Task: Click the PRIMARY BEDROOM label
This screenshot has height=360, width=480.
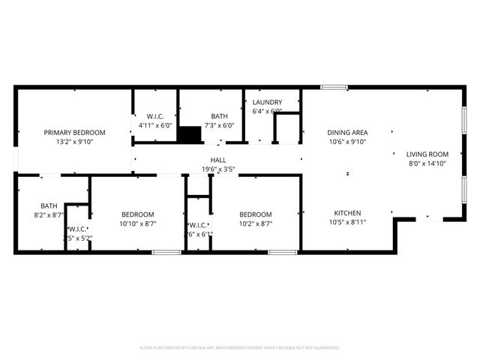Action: [74, 132]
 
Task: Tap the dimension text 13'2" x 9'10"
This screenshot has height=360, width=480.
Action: [74, 141]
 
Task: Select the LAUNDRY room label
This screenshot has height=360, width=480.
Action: [267, 103]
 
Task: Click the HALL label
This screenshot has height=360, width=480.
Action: [218, 160]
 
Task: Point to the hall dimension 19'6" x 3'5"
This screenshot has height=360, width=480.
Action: [218, 169]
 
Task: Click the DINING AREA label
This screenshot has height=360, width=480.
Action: [348, 132]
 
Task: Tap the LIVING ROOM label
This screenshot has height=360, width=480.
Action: [427, 154]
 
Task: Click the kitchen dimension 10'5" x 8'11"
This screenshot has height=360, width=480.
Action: [348, 223]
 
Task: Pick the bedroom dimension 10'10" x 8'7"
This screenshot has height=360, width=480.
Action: [138, 223]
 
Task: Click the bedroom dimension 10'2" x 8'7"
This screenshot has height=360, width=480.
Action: [255, 223]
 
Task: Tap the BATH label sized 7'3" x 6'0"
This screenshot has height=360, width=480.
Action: [219, 116]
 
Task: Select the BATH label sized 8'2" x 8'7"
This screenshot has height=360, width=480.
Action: [49, 205]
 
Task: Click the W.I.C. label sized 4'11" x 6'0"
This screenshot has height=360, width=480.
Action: [155, 116]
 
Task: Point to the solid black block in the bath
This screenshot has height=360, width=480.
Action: [190, 134]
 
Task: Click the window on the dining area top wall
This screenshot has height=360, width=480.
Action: [334, 88]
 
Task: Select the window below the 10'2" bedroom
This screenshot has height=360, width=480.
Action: [282, 252]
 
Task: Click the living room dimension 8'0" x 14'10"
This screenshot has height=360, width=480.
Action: [427, 163]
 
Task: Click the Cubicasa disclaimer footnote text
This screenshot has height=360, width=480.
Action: [240, 348]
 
